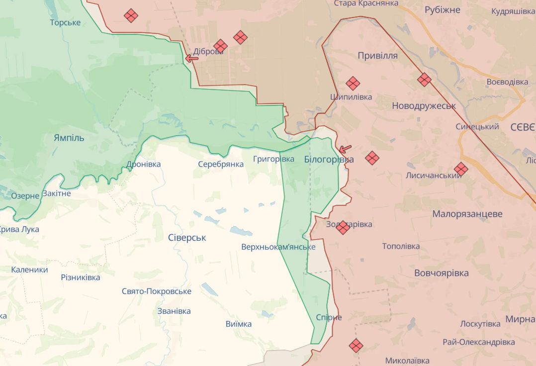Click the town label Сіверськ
click(187, 238)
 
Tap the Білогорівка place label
click(329, 159)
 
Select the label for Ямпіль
click(69, 138)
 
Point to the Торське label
click(65, 22)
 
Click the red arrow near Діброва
click(191, 58)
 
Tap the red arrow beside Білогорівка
click(345, 149)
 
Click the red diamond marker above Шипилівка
click(353, 83)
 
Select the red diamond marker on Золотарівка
click(343, 227)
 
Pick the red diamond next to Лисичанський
click(461, 169)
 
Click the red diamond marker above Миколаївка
click(356, 345)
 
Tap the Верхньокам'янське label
click(278, 247)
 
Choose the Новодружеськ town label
click(424, 105)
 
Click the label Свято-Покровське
click(156, 291)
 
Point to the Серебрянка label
click(220, 164)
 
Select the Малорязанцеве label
click(467, 214)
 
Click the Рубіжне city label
click(442, 10)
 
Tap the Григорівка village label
click(273, 159)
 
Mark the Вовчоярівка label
click(441, 273)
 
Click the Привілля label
click(377, 56)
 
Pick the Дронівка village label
click(144, 164)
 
